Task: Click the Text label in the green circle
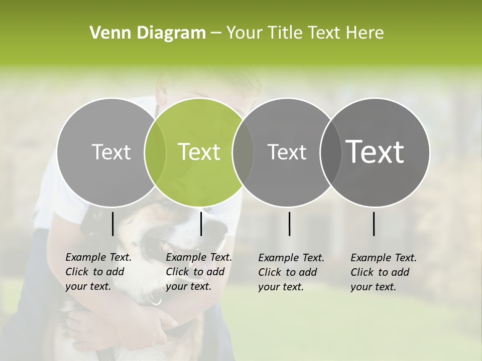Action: [199, 152]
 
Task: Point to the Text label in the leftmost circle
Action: [111, 152]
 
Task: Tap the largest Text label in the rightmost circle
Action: [375, 151]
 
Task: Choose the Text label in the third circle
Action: [287, 152]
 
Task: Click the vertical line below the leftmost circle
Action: [112, 224]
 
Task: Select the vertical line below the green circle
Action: [201, 224]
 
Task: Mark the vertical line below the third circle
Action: [289, 224]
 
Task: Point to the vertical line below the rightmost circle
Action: [374, 224]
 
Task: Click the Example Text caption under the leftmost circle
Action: [98, 272]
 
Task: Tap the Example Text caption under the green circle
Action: [198, 272]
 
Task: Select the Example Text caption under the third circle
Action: [291, 272]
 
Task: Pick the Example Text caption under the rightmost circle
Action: [383, 272]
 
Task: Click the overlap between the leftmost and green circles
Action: [155, 152]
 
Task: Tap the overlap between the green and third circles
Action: [243, 152]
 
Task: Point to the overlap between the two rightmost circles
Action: [330, 152]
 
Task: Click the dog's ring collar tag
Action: [155, 301]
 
